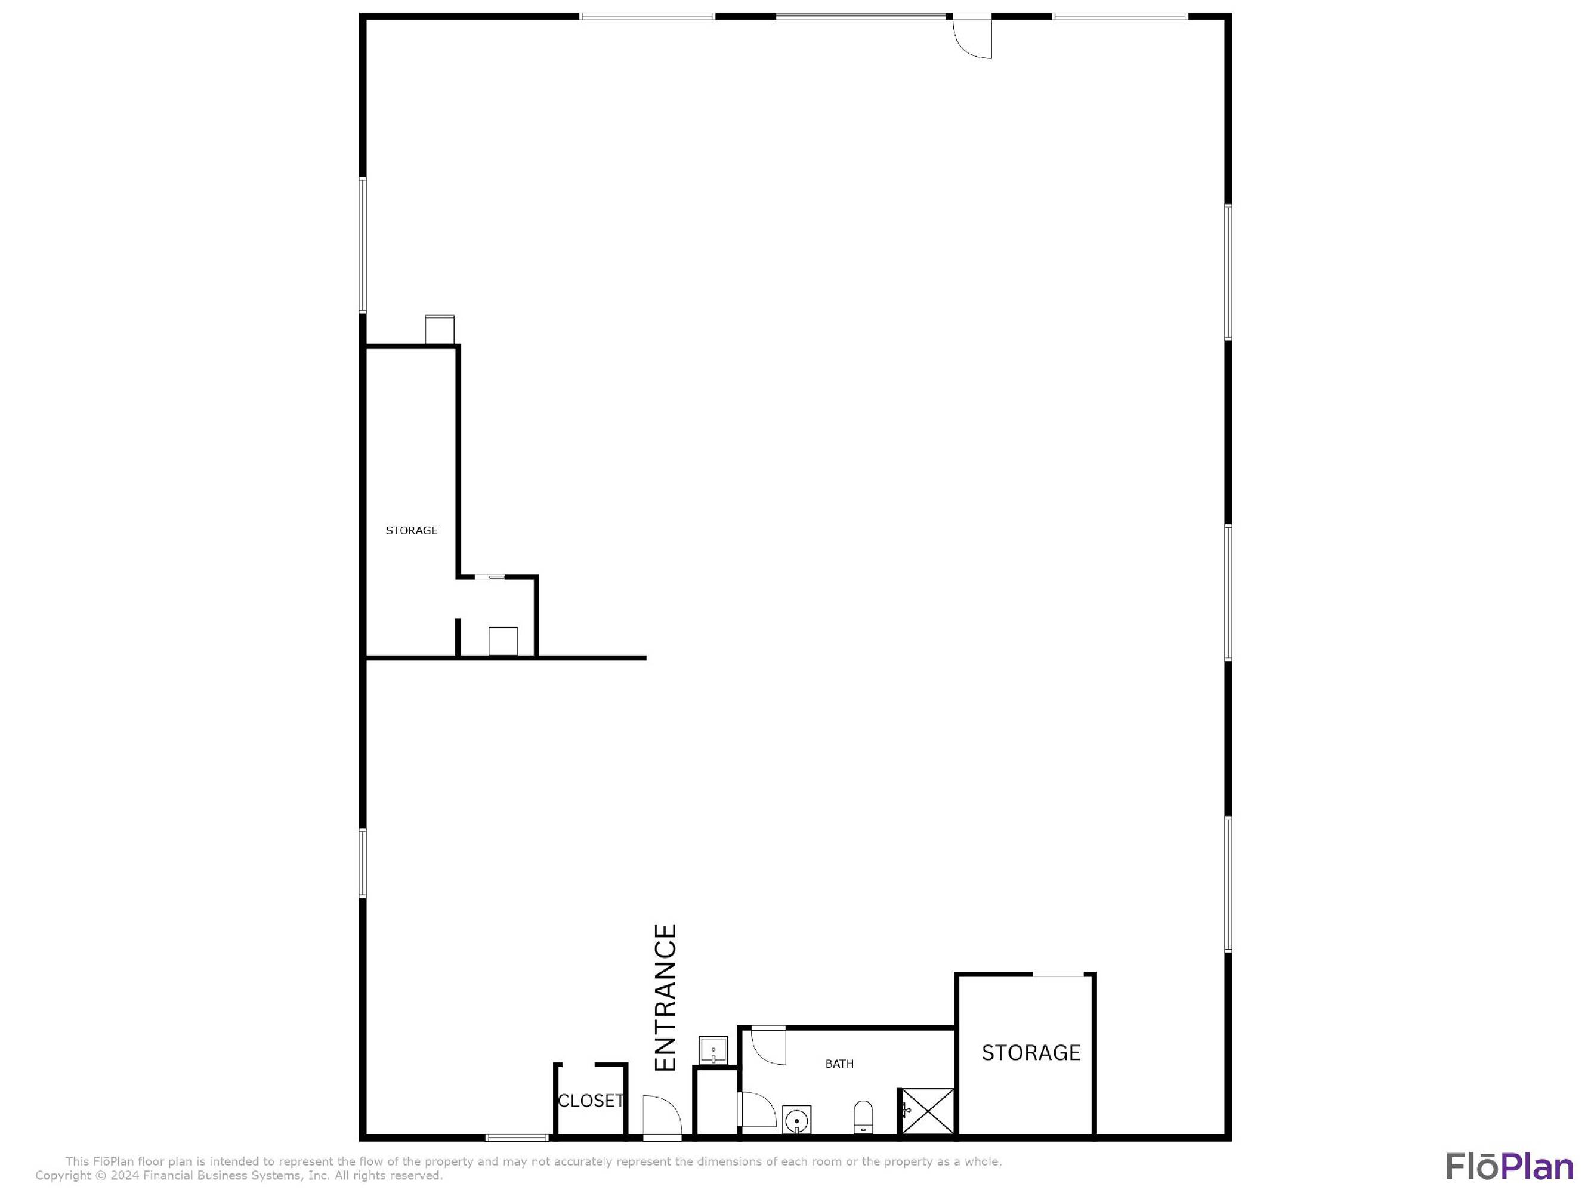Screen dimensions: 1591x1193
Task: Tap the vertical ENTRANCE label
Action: click(666, 998)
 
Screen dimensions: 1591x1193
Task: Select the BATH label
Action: click(839, 1064)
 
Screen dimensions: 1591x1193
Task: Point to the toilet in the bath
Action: click(863, 1117)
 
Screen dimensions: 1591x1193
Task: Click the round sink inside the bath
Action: click(797, 1120)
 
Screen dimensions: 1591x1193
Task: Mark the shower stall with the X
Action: click(928, 1112)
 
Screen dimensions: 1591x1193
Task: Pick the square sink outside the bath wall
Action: click(713, 1050)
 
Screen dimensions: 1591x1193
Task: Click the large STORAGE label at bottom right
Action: click(1031, 1053)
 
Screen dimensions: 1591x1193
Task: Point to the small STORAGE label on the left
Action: click(412, 531)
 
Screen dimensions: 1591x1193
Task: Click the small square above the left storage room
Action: click(440, 330)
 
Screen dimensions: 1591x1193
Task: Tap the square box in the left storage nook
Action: click(503, 641)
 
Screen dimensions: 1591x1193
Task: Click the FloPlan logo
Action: click(1510, 1166)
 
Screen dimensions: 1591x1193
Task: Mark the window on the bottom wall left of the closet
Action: click(517, 1138)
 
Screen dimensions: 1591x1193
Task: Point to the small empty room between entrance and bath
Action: click(716, 1102)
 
